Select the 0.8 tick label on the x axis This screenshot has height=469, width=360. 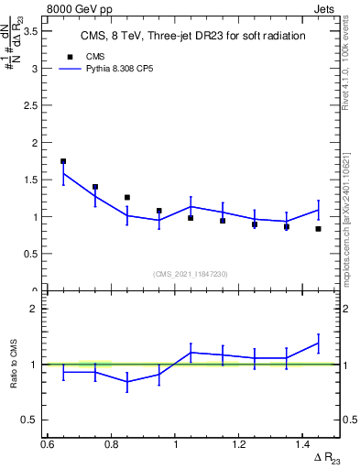click(x=111, y=444)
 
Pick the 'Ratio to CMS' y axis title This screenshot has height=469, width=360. click(x=15, y=365)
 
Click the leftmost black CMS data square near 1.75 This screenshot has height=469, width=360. click(x=63, y=161)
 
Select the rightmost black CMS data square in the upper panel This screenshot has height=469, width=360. click(x=318, y=229)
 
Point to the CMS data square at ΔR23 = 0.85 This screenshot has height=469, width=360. click(x=127, y=197)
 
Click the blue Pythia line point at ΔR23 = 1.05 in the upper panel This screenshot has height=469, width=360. click(x=191, y=206)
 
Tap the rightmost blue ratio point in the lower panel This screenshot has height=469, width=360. click(x=318, y=344)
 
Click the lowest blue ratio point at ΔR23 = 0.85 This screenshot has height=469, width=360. click(x=127, y=381)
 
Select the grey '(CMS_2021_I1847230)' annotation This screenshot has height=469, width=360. click(x=191, y=274)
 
